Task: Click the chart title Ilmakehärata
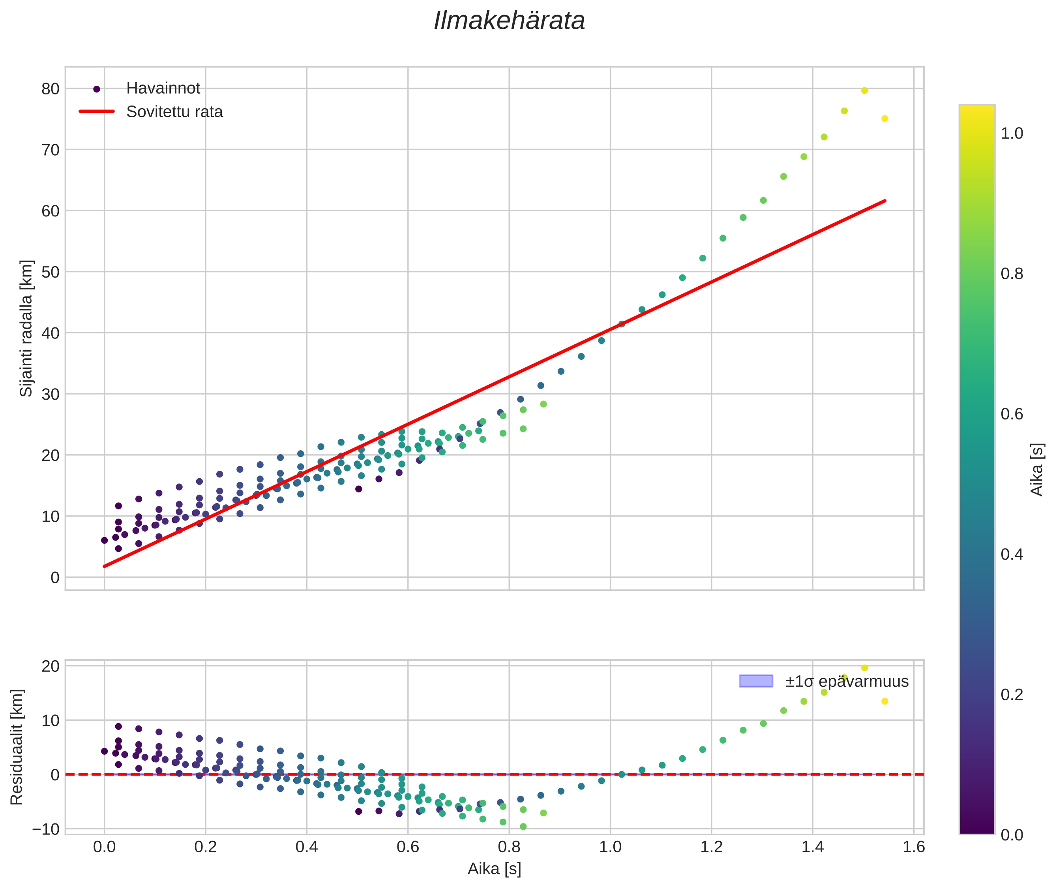[509, 21]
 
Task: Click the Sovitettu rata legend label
[174, 112]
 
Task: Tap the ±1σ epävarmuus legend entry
[847, 681]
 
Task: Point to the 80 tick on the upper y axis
[50, 89]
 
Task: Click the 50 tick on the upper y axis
[50, 272]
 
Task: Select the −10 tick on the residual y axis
[46, 829]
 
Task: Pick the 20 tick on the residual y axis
[50, 666]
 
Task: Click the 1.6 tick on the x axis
[913, 847]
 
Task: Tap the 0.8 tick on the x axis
[509, 847]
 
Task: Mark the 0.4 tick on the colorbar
[1012, 554]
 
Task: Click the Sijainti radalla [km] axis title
[26, 328]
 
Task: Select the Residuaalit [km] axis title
[17, 747]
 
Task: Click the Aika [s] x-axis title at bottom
[494, 869]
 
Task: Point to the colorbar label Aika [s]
[1037, 469]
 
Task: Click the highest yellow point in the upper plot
[864, 90]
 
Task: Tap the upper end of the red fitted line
[884, 201]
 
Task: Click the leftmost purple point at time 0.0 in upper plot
[105, 541]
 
